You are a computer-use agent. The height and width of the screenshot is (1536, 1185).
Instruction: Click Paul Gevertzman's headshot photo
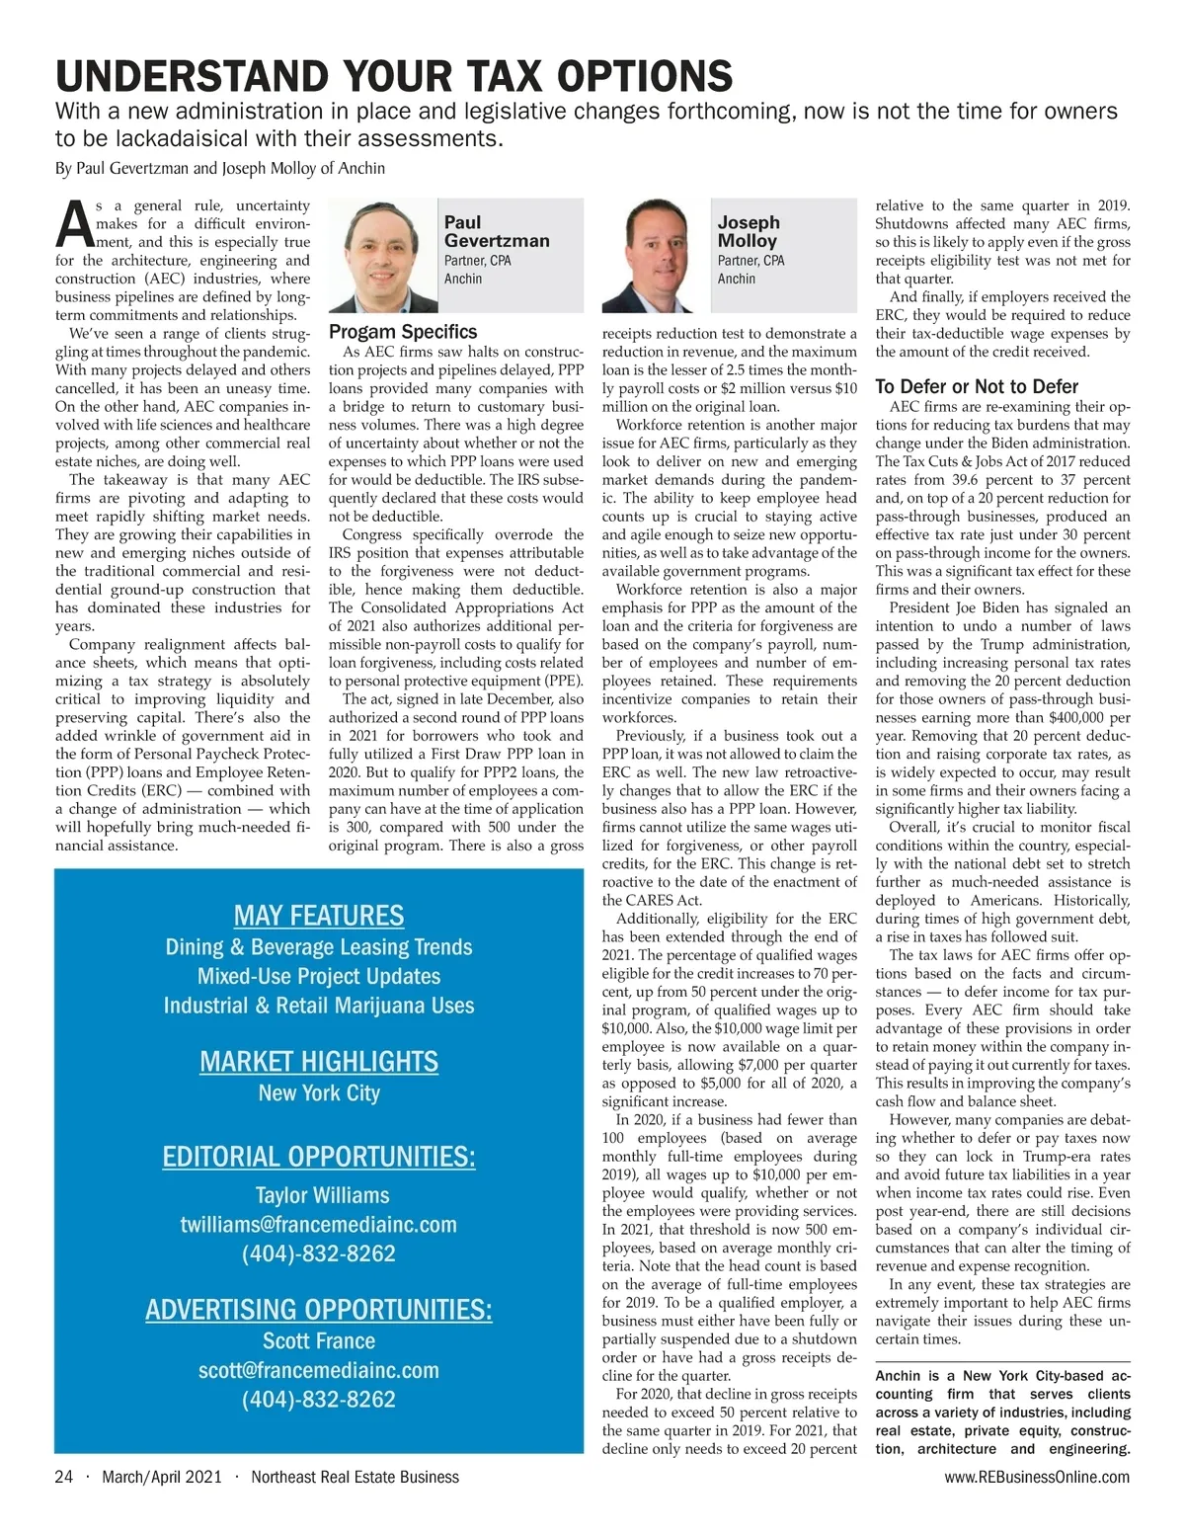(x=383, y=255)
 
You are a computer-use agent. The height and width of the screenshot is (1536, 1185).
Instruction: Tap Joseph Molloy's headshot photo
(x=657, y=255)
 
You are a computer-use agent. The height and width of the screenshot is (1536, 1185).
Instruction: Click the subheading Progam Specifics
(x=403, y=332)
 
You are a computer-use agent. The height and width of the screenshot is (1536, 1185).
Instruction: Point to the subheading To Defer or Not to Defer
(x=977, y=386)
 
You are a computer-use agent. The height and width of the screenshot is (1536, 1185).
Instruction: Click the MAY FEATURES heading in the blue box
(x=319, y=916)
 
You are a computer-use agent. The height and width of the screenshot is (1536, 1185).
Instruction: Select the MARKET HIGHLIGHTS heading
(x=319, y=1062)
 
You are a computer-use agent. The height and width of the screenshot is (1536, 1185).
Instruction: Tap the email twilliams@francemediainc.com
(x=319, y=1225)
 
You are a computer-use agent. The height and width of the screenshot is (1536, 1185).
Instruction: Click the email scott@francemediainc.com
(x=319, y=1370)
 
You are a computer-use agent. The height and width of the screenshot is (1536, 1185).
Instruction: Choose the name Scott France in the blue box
(x=319, y=1341)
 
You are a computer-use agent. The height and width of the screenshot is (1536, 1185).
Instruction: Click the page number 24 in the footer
(x=64, y=1477)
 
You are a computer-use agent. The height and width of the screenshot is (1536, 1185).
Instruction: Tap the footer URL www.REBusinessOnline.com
(x=1037, y=1477)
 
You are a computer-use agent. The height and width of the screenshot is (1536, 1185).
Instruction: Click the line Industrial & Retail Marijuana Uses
(x=319, y=1006)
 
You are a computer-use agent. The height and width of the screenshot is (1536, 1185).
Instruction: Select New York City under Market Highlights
(x=319, y=1093)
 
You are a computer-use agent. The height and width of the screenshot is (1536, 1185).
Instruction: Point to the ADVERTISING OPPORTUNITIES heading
(x=319, y=1310)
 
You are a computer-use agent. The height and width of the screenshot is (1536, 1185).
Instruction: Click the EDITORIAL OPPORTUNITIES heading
(x=319, y=1157)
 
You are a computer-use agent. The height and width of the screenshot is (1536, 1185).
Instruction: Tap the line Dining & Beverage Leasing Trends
(x=319, y=947)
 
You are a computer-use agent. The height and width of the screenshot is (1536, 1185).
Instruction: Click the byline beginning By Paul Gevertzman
(x=220, y=168)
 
